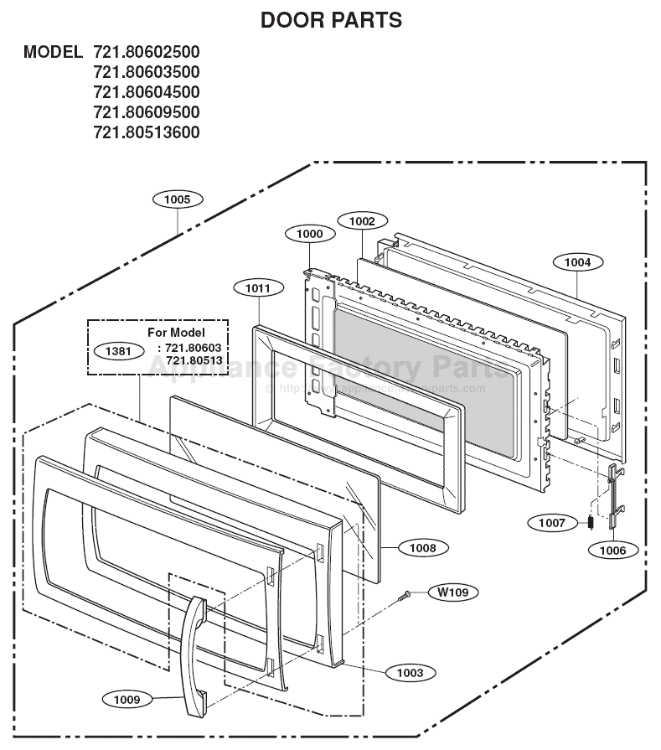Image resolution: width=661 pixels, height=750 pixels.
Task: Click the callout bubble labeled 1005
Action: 177,199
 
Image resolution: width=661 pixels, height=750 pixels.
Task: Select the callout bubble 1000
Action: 309,235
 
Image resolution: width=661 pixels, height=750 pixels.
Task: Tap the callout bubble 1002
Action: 362,221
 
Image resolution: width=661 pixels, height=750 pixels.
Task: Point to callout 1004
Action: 577,262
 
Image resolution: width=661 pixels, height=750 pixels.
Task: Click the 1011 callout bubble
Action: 258,288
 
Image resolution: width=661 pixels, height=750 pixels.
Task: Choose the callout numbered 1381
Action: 117,351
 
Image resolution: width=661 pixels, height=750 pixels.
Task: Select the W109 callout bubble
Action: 453,592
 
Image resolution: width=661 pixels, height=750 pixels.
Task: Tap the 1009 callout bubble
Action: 127,698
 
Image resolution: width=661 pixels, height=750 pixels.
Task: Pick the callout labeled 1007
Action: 552,523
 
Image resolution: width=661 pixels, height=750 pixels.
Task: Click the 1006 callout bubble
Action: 613,550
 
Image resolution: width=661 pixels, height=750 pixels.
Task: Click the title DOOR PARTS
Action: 331,20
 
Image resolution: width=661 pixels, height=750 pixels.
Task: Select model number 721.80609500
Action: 146,112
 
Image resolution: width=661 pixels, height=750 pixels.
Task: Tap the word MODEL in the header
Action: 53,52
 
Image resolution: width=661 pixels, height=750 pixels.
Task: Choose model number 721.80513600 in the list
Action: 146,132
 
